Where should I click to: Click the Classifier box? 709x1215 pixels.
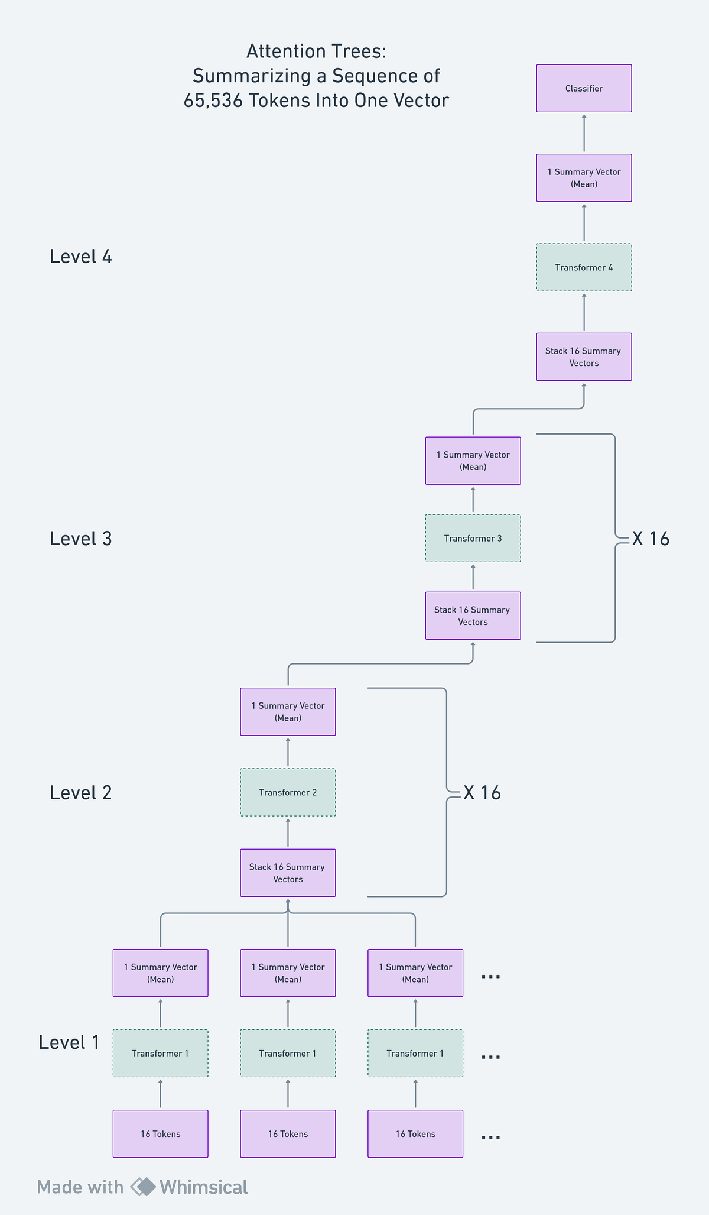584,88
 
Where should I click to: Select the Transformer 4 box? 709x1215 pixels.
584,267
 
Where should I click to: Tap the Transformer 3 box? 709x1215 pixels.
473,538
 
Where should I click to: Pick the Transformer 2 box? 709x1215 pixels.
288,792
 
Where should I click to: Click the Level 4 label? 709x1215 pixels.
81,257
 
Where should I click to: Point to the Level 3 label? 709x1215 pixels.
81,539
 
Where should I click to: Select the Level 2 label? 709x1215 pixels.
81,793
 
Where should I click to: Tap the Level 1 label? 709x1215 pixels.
69,1042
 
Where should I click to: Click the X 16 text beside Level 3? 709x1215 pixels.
651,539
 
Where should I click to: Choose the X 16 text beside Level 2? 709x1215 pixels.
482,793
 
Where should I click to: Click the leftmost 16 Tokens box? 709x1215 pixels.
160,1133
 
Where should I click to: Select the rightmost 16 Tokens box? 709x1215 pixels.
415,1133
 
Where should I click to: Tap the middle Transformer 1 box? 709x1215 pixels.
288,1053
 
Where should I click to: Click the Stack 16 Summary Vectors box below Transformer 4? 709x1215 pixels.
584,357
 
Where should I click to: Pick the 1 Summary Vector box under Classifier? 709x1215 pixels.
584,177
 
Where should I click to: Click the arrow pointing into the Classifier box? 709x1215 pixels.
584,132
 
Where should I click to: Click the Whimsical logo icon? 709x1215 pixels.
143,1187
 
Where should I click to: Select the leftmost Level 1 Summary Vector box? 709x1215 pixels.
160,973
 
